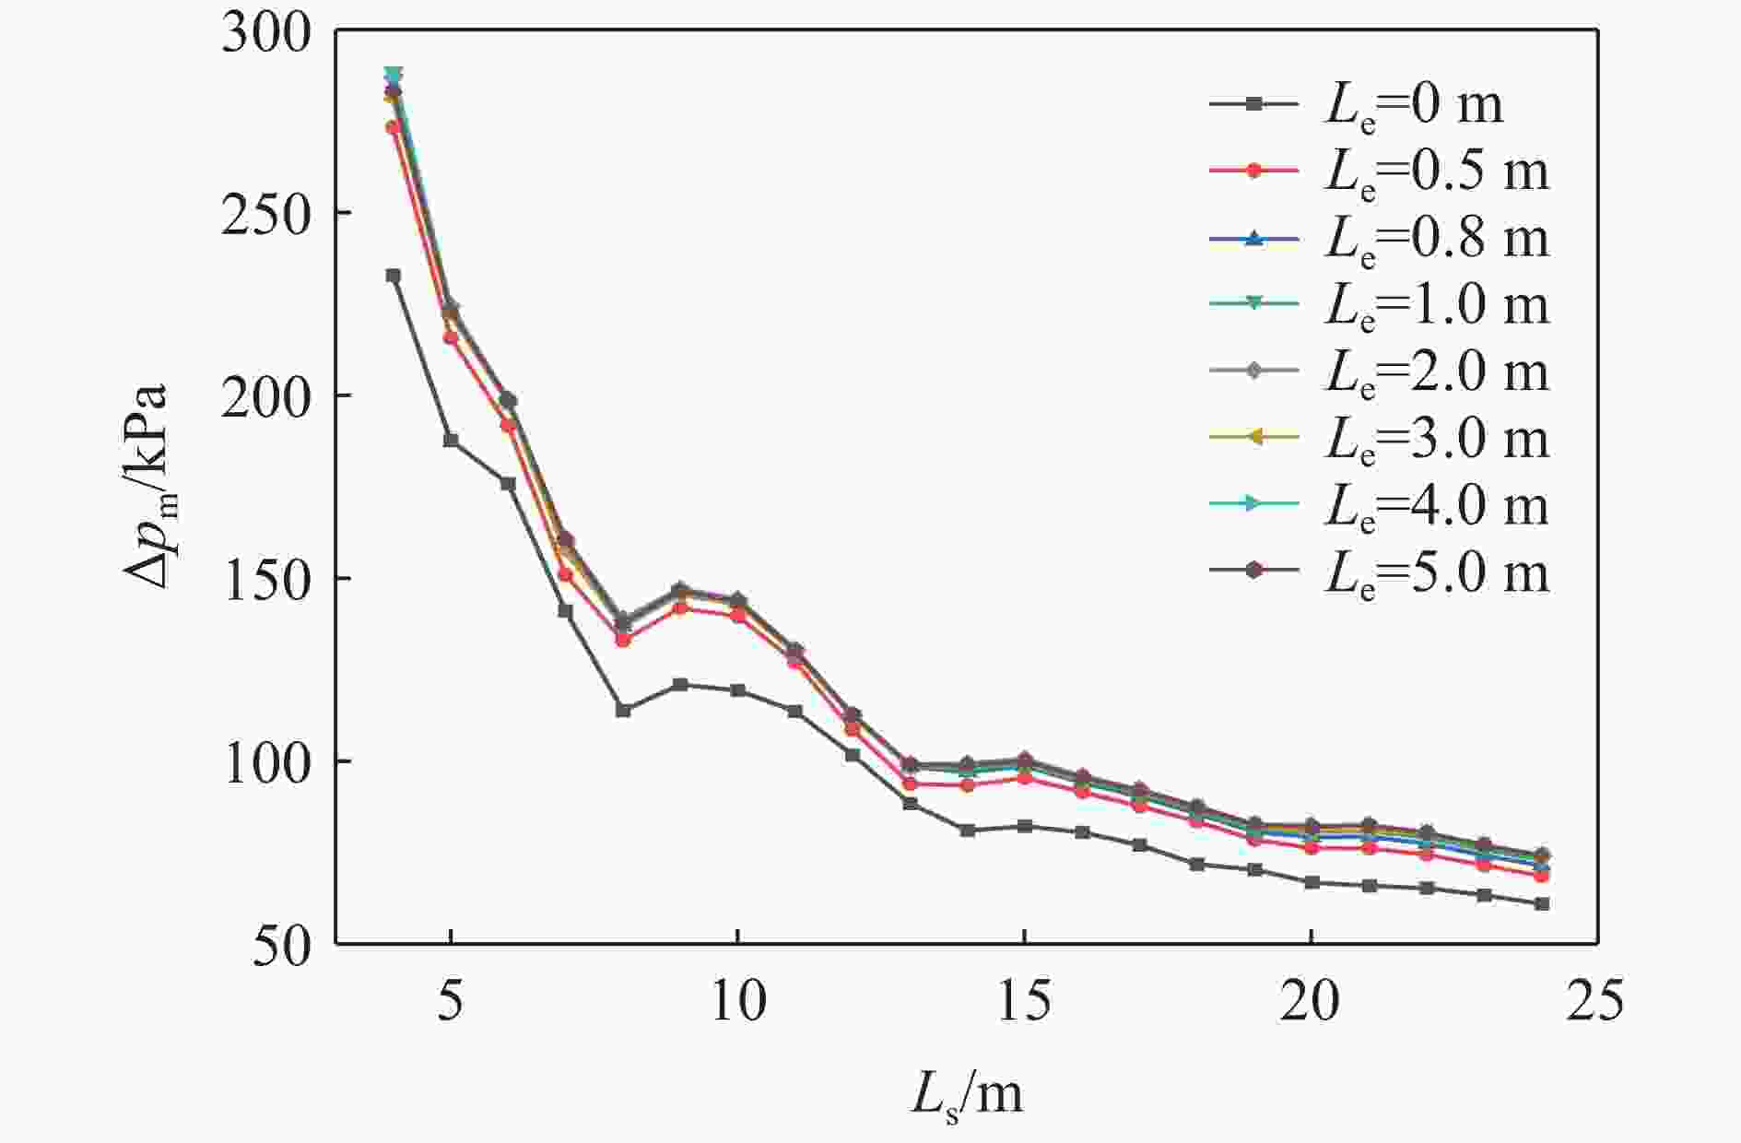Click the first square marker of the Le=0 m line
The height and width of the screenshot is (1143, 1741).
coord(394,276)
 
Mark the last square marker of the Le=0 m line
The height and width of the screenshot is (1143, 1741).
coord(1542,904)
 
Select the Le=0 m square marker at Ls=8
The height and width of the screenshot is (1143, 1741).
coord(623,711)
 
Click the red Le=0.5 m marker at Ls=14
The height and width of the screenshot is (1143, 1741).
coord(967,785)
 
